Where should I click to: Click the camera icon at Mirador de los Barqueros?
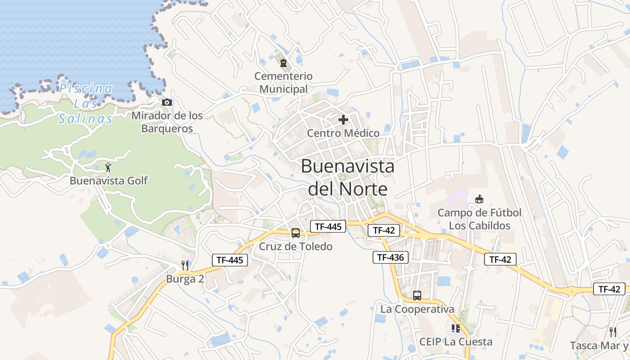(167, 103)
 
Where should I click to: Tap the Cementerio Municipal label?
(283, 82)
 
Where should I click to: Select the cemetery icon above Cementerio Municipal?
(283, 63)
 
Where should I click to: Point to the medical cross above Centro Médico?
(343, 120)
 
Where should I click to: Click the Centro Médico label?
(343, 133)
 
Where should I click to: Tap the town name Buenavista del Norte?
(347, 177)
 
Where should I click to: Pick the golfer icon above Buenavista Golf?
(108, 168)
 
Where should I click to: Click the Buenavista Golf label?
(108, 181)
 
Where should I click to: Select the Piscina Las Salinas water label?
(85, 103)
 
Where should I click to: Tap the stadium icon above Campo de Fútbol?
(479, 199)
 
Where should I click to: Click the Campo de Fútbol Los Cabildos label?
(480, 219)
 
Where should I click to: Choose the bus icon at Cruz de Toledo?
(296, 233)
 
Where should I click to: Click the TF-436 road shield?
(391, 257)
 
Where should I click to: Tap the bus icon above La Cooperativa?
(417, 296)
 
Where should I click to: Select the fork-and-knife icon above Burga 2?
(185, 265)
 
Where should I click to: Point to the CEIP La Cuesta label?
(456, 342)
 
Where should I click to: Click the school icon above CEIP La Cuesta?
(456, 328)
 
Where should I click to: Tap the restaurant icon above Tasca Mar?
(613, 332)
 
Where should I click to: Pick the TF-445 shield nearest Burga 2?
(230, 260)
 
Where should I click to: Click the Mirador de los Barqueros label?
(167, 122)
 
